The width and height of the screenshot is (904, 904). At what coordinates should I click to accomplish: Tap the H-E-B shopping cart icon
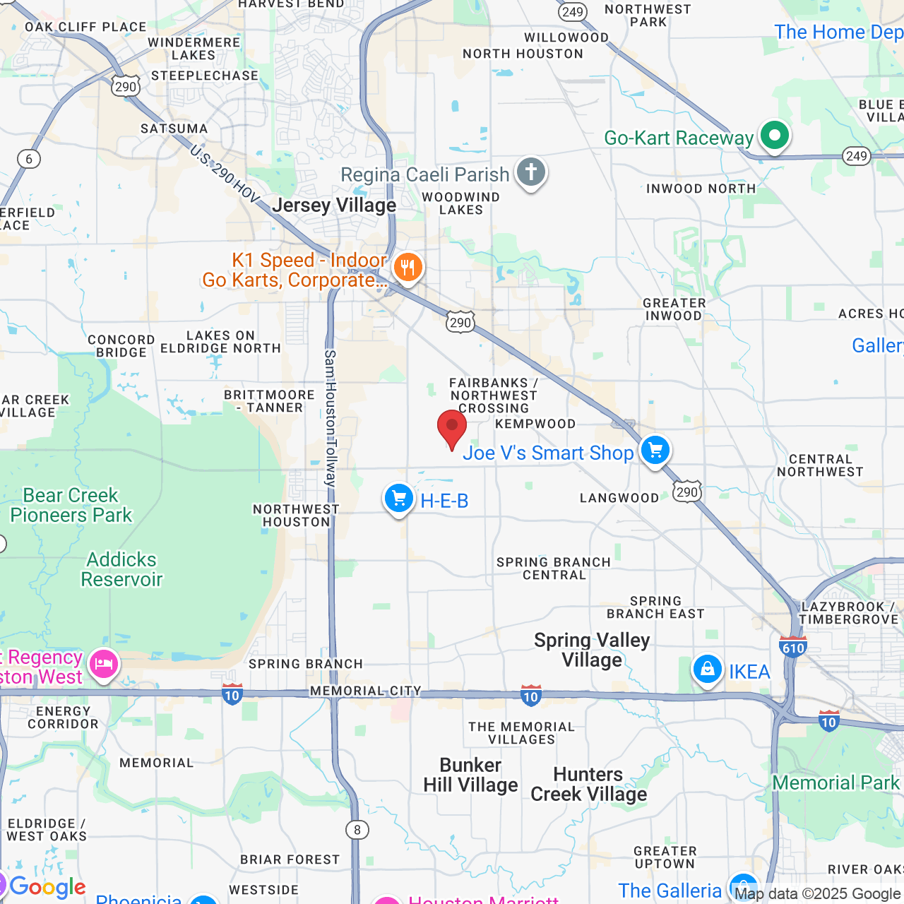click(399, 499)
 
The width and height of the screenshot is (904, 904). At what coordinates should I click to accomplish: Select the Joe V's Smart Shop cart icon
click(655, 450)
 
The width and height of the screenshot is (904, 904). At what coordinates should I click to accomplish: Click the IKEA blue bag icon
click(707, 670)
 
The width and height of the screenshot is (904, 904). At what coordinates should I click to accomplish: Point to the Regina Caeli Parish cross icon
click(531, 172)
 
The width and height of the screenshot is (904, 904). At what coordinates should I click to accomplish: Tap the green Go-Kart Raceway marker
click(774, 135)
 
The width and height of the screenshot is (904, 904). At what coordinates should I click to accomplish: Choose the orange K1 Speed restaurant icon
click(408, 268)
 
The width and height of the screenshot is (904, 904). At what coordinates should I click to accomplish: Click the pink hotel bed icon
click(104, 664)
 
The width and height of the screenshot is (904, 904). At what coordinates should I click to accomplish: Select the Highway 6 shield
click(29, 158)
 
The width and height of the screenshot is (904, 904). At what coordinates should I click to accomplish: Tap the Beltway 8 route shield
click(357, 829)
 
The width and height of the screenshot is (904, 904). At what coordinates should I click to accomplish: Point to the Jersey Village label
click(334, 205)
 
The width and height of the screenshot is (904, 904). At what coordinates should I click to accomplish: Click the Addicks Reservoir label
click(121, 569)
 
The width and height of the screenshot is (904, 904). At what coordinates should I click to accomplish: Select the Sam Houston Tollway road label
click(331, 417)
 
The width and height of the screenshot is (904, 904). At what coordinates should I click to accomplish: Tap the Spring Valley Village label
click(592, 650)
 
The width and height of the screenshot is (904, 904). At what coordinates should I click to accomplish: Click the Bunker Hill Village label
click(470, 775)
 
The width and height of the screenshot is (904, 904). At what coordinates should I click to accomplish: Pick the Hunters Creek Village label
click(588, 784)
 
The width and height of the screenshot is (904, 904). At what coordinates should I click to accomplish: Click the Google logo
click(47, 886)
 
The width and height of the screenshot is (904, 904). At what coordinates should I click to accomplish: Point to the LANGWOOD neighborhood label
click(619, 498)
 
